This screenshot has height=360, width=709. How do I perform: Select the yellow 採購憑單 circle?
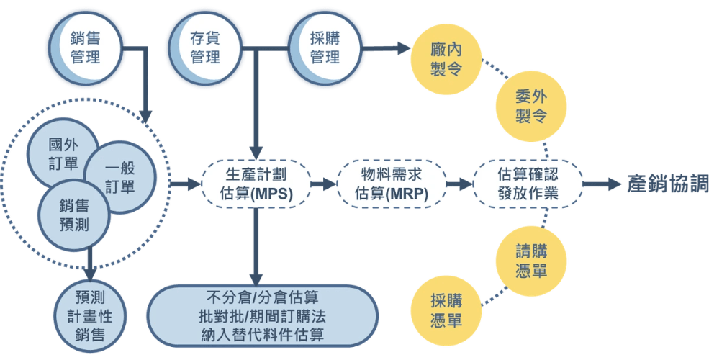point(446,310)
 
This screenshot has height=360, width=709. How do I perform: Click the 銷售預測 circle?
point(74,215)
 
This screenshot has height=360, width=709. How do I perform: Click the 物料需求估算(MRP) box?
point(392,184)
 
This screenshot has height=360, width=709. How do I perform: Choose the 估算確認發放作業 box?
point(528,184)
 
